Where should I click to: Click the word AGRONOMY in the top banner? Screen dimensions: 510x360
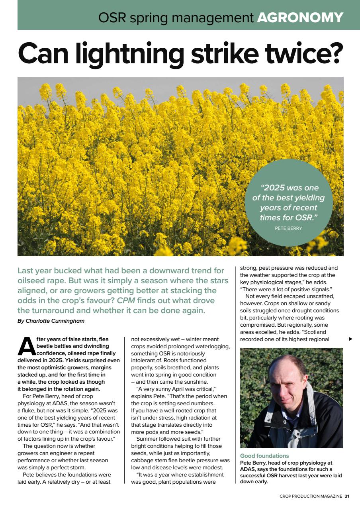coord(300,17)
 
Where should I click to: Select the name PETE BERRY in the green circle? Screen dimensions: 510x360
coord(288,228)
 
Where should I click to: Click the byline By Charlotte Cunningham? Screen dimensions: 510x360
coord(51,321)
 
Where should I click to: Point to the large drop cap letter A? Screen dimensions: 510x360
coord(26,346)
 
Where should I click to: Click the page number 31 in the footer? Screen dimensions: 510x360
coord(347,496)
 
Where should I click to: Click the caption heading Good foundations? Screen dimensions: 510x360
coord(264,456)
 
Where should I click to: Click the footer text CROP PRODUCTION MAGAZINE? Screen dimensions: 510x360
coord(311,496)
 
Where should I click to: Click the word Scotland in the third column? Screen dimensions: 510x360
coord(326,332)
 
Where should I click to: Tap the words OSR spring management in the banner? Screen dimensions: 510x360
coord(176,17)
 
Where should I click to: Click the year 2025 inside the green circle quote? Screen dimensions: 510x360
coord(278,188)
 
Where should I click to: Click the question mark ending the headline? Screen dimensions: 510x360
coord(334,54)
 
